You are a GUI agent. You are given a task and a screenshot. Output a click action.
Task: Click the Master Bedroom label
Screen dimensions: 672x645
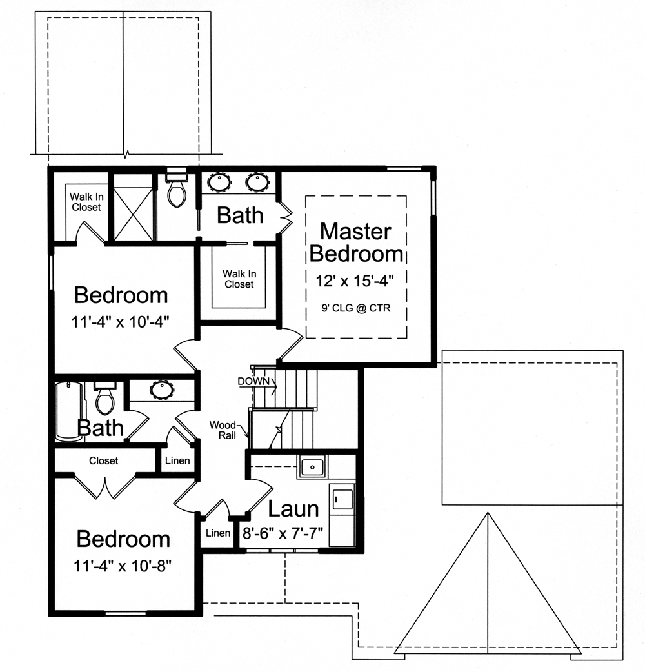[356, 242]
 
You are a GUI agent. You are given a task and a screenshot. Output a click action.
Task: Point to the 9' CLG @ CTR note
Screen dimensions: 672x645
[356, 308]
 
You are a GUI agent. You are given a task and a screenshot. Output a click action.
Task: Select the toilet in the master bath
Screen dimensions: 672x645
[175, 189]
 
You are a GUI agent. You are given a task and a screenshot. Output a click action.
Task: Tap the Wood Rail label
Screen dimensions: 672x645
[223, 430]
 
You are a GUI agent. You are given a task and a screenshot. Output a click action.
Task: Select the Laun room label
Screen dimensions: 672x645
[293, 509]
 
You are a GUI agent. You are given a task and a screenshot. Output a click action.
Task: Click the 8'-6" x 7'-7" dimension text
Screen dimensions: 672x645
[283, 534]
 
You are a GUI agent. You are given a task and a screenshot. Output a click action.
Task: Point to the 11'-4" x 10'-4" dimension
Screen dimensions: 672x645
[121, 321]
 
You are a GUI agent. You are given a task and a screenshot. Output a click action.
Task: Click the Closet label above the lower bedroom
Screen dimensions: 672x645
[103, 460]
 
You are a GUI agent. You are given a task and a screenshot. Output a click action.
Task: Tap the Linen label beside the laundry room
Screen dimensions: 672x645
[217, 533]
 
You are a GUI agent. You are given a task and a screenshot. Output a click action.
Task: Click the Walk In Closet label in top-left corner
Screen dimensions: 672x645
[86, 201]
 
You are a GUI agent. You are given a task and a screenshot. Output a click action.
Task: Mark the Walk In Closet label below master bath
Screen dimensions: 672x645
[239, 279]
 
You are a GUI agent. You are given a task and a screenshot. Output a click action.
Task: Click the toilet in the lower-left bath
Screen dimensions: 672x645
[104, 398]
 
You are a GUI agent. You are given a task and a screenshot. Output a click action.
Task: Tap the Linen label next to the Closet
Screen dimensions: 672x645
[177, 461]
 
